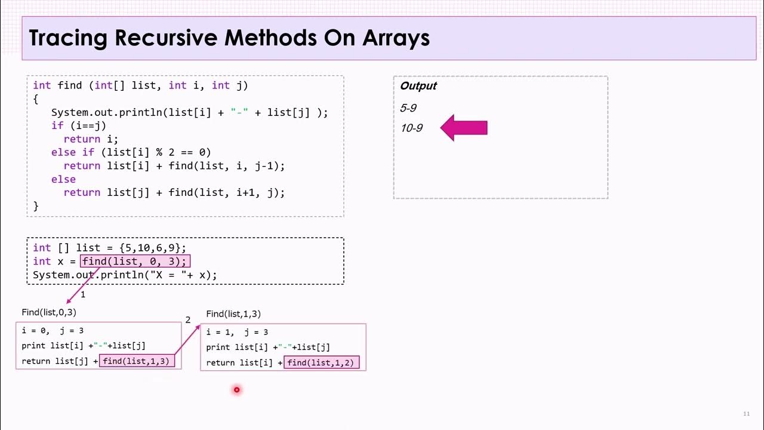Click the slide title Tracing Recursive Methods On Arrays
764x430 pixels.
pos(229,38)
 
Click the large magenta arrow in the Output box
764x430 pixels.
pos(464,128)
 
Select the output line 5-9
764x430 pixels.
pos(408,108)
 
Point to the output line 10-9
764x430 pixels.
pos(411,128)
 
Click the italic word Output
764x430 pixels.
pos(418,86)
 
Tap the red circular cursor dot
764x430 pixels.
pos(236,390)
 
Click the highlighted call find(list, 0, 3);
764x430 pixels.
pos(135,261)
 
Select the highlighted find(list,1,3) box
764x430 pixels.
pos(137,361)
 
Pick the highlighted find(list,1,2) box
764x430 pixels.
pos(322,363)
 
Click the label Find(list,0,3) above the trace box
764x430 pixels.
pos(49,312)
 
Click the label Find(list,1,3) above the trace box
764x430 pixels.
pos(233,314)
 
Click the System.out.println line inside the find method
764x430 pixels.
pos(189,112)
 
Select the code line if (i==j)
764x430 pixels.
pos(78,125)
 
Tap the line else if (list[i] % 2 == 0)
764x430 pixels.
pos(131,152)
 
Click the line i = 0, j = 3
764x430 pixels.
pos(53,330)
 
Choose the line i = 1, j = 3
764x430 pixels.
pos(237,332)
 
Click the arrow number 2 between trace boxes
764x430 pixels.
pos(188,320)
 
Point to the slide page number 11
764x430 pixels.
pos(746,414)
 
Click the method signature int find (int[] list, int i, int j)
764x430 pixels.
pos(140,85)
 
